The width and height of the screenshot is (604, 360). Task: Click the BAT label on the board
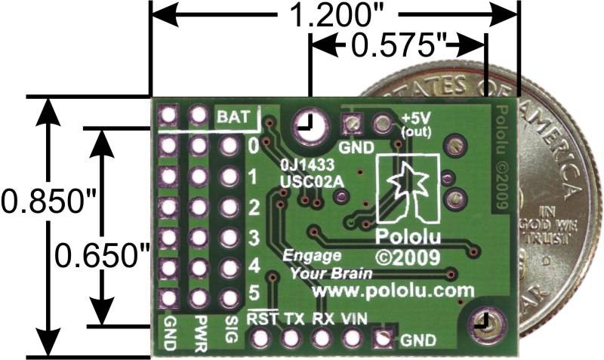(232, 117)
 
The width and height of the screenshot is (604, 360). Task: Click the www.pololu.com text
(393, 290)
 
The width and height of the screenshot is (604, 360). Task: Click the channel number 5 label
(254, 291)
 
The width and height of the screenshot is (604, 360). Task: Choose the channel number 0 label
(254, 144)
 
